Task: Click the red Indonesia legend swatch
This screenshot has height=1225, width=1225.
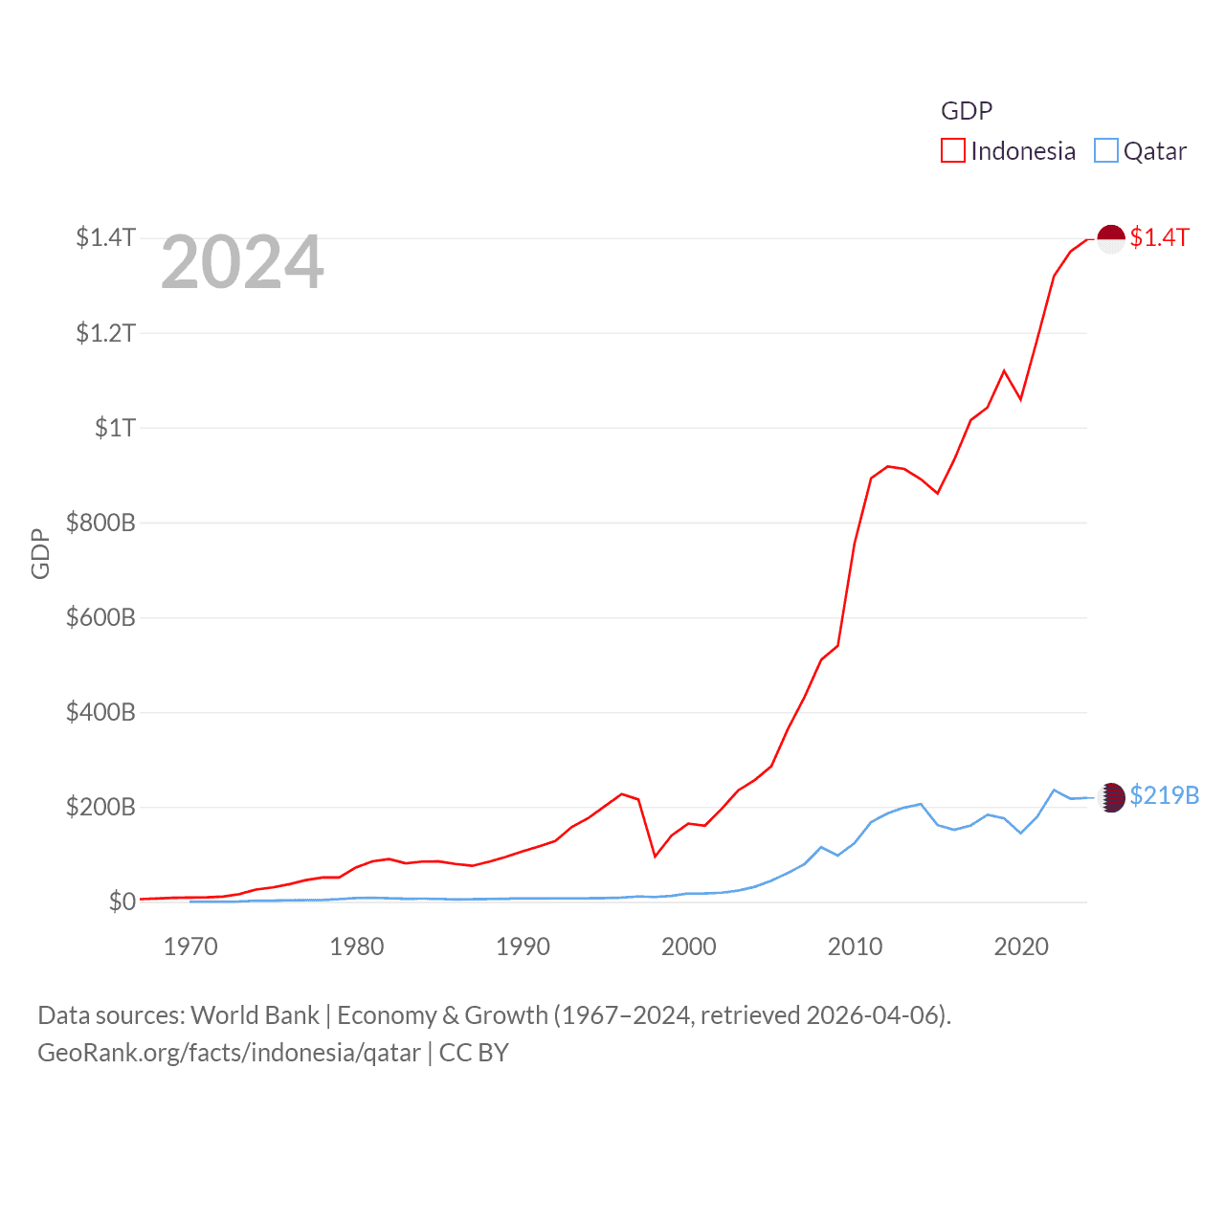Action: [x=953, y=151]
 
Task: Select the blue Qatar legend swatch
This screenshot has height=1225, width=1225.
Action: [x=1106, y=151]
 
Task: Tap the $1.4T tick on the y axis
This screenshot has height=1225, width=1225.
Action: [x=106, y=237]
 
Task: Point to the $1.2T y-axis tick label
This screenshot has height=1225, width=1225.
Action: [x=106, y=333]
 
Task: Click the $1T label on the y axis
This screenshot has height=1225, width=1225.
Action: [x=115, y=428]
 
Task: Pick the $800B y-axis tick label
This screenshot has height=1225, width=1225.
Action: [x=100, y=523]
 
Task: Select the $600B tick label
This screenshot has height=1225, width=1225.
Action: [x=100, y=617]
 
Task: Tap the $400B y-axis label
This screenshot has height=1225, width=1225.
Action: [x=100, y=712]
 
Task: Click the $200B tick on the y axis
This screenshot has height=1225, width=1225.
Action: [x=100, y=807]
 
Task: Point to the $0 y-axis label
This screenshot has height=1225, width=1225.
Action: [x=122, y=902]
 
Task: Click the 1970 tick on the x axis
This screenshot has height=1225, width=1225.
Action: [x=190, y=947]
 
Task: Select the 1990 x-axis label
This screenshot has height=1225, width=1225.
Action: [x=523, y=947]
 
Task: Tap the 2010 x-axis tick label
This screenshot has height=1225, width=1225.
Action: [x=855, y=947]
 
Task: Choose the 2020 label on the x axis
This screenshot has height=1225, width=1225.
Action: [x=1021, y=947]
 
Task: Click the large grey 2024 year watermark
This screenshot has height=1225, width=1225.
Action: [x=242, y=262]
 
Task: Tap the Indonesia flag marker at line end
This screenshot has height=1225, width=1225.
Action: [x=1110, y=238]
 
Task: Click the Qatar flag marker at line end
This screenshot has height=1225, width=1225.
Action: [x=1111, y=797]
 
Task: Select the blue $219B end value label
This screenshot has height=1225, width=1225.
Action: [x=1164, y=796]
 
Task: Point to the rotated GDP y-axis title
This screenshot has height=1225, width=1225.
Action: [x=40, y=553]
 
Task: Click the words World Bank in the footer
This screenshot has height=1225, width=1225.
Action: [x=255, y=1015]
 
